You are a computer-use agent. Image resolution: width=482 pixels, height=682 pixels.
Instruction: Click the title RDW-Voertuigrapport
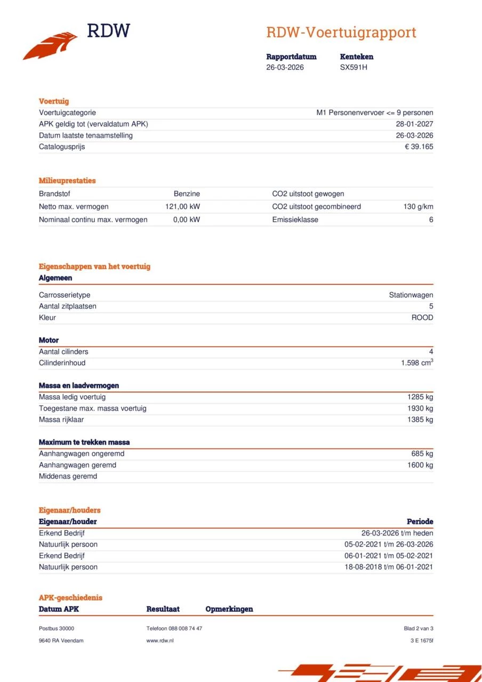(x=341, y=33)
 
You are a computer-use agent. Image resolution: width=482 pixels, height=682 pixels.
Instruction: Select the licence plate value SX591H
(x=354, y=67)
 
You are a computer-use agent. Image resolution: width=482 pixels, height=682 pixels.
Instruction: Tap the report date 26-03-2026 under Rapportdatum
(x=285, y=67)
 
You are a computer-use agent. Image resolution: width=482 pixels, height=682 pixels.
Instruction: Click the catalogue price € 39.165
(x=419, y=147)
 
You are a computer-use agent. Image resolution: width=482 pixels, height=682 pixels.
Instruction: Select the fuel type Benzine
(x=187, y=194)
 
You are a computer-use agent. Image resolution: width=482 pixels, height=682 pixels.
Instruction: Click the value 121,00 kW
(x=182, y=207)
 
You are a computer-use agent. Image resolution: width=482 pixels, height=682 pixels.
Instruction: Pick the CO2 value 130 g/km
(x=418, y=207)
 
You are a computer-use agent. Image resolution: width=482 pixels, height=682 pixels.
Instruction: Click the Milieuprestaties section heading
(x=67, y=181)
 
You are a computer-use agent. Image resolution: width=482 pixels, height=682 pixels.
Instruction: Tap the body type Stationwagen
(x=411, y=295)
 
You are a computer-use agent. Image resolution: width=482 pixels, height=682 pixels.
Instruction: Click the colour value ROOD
(x=422, y=318)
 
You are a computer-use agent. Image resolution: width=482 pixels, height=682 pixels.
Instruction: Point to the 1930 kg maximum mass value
(x=420, y=409)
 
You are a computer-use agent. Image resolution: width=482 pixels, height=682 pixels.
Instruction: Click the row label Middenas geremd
(x=68, y=476)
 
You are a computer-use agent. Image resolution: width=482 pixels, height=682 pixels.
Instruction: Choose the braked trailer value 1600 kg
(x=420, y=465)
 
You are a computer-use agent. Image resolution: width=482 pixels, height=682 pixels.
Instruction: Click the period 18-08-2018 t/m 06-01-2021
(x=389, y=567)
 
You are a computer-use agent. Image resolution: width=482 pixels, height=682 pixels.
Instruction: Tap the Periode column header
(x=420, y=522)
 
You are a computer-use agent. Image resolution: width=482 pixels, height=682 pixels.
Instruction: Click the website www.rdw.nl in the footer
(x=160, y=640)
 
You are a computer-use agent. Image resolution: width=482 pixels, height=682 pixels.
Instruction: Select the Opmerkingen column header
(x=229, y=609)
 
